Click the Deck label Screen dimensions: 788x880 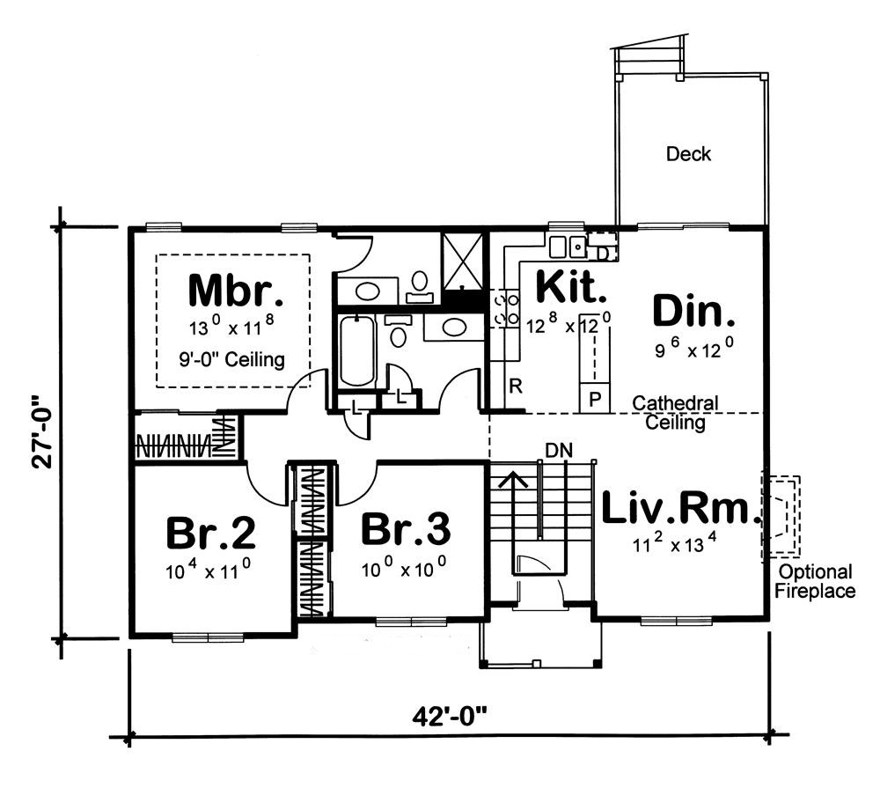688,154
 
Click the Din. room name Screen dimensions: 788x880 693,312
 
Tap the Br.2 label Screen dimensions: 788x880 211,533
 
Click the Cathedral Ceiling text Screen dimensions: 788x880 675,413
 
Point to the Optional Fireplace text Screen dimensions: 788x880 814,581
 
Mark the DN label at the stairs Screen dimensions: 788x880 559,450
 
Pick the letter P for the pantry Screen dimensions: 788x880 595,399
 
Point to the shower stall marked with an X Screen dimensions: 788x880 462,261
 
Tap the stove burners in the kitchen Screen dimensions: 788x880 507,309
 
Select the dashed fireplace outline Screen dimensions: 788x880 780,518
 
